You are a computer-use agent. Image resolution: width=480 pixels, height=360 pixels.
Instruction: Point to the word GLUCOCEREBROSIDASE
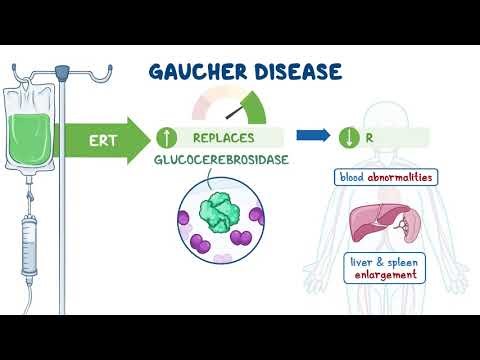click(222, 160)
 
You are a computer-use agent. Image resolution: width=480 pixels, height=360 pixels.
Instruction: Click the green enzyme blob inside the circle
click(220, 211)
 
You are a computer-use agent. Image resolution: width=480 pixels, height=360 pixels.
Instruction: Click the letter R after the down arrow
click(369, 137)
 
